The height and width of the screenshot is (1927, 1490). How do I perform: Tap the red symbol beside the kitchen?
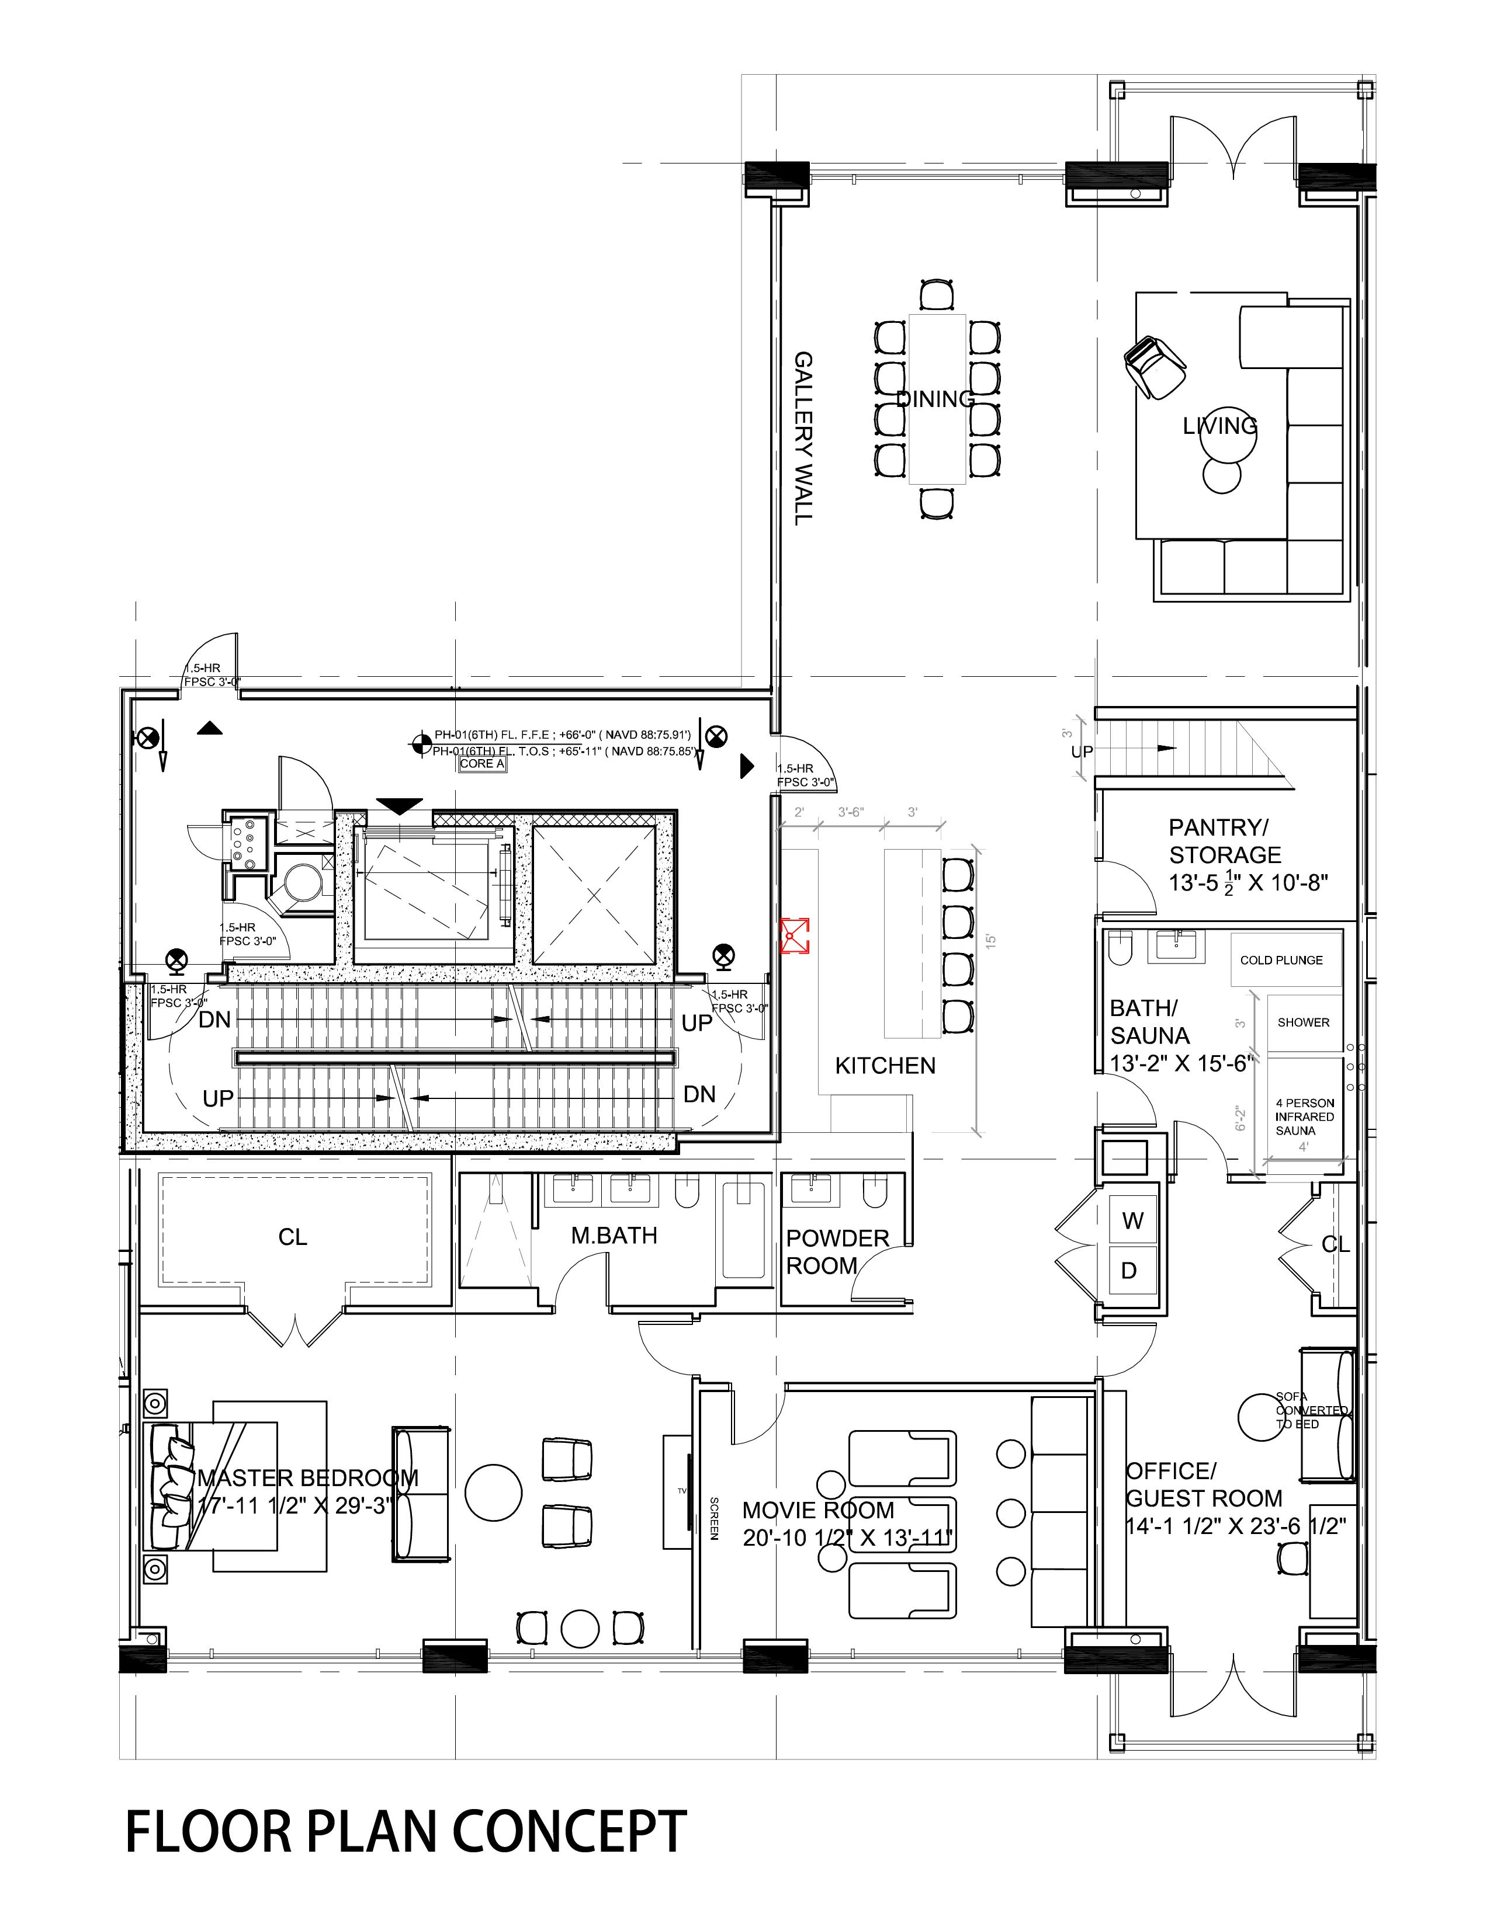coord(795,935)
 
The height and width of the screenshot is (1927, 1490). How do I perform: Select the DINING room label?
coord(935,399)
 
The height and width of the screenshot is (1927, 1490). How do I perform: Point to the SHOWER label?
coord(1303,1022)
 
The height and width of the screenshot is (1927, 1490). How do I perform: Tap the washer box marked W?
coord(1132,1221)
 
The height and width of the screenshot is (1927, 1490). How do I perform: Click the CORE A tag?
coord(482,764)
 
